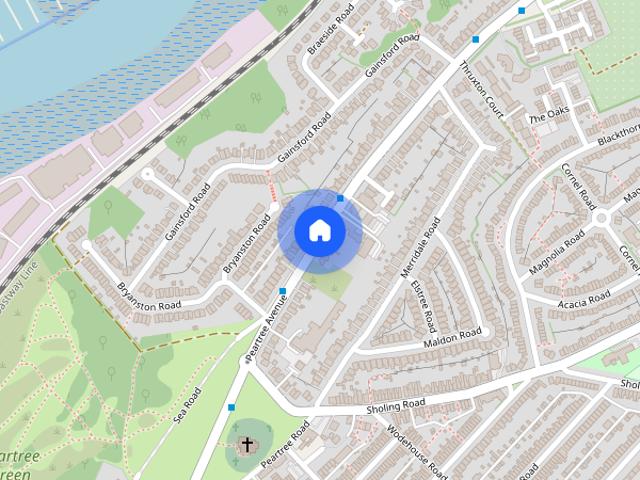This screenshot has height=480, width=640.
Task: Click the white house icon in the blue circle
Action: click(x=320, y=231)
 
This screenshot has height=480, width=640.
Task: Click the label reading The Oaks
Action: click(x=548, y=118)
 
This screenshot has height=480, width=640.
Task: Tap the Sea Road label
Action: click(x=187, y=404)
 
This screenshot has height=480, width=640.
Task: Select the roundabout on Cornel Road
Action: click(x=602, y=219)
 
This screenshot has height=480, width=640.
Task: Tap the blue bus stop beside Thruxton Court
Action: click(x=475, y=39)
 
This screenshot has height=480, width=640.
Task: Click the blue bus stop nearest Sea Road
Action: click(x=232, y=407)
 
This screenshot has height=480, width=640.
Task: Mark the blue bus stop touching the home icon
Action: click(x=341, y=198)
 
